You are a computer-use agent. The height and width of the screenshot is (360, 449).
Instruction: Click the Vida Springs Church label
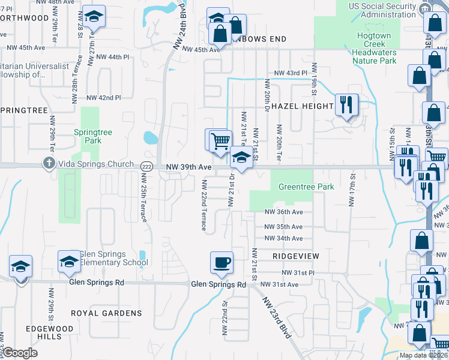point(92,164)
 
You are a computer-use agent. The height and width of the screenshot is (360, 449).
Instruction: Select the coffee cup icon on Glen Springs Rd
point(221,262)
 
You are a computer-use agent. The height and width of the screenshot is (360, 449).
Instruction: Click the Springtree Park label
point(88,136)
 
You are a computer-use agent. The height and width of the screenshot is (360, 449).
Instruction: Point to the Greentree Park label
point(306,187)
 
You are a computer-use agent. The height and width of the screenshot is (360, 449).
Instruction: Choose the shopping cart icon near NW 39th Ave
point(221,140)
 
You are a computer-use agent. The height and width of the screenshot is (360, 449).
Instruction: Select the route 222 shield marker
point(146,166)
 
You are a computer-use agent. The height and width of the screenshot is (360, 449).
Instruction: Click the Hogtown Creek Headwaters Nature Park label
point(375,48)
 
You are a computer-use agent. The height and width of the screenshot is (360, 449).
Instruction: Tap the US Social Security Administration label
point(382,10)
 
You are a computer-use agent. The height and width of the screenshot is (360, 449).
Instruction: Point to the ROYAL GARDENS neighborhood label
point(106,313)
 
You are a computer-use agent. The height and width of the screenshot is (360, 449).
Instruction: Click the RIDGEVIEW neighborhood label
point(295,256)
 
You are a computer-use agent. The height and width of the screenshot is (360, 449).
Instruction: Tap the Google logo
point(20,353)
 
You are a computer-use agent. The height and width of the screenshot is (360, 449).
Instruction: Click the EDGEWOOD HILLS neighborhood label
point(50,333)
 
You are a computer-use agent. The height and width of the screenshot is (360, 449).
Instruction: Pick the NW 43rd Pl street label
point(290,73)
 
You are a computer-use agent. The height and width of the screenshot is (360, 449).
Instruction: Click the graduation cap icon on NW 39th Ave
point(241,158)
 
